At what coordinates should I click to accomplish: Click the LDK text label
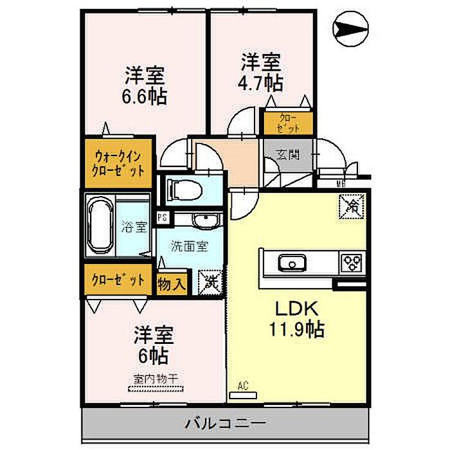[296, 307]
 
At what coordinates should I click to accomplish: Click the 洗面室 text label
[188, 246]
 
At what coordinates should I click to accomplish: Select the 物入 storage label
[172, 282]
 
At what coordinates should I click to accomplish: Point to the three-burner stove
[352, 262]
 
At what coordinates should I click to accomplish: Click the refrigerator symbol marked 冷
[354, 206]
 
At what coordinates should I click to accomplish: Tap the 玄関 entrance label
[289, 156]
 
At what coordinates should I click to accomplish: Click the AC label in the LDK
[242, 386]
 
